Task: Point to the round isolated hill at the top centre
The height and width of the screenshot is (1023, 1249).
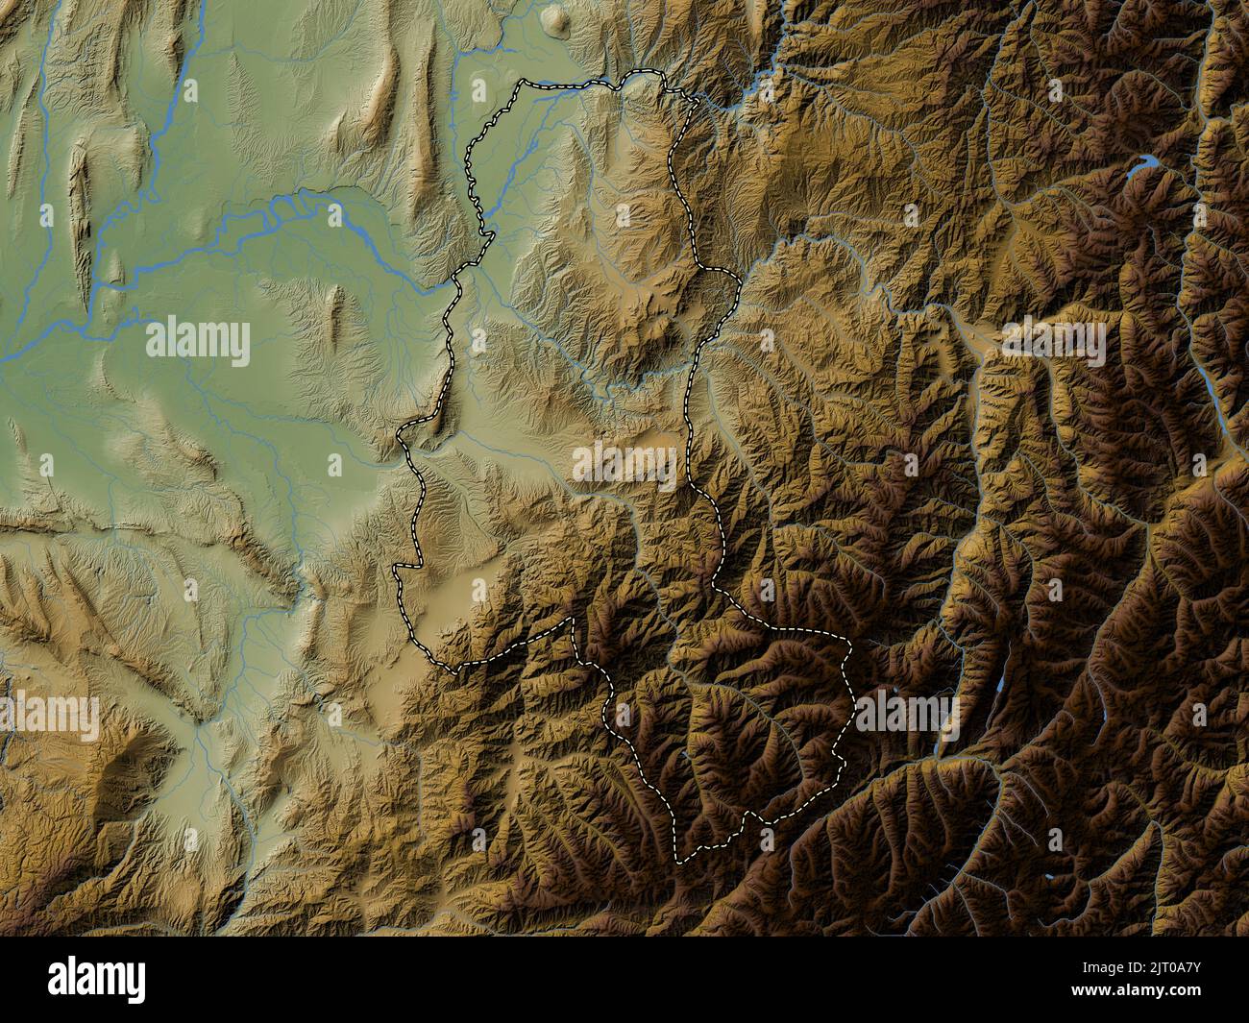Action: tap(555, 17)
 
